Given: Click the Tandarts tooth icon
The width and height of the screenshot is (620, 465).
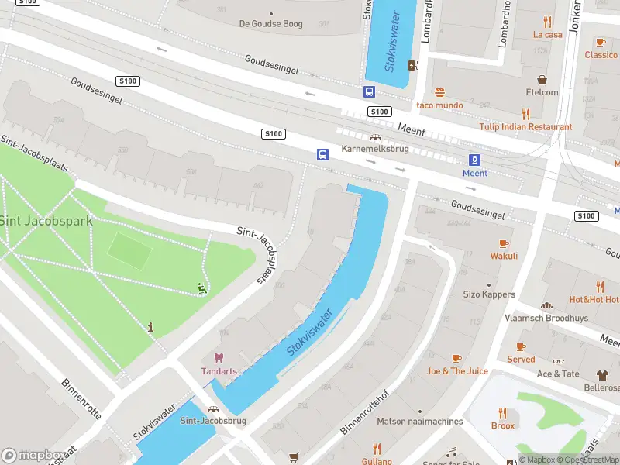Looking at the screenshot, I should (219, 358).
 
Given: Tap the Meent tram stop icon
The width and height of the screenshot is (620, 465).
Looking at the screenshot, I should (473, 160).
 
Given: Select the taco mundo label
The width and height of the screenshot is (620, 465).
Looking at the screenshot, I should (439, 105).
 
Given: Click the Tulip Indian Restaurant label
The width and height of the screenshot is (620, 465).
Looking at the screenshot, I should (525, 127).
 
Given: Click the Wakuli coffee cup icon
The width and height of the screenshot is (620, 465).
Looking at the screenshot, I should (504, 243).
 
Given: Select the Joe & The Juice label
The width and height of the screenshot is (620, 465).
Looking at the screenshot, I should (457, 371).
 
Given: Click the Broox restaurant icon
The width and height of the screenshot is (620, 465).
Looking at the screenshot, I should (503, 413).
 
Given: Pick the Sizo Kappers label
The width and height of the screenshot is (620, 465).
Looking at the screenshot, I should (489, 294).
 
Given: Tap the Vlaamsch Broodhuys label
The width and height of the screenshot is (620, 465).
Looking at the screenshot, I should (547, 318).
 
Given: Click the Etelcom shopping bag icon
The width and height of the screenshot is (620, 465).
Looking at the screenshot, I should (542, 80).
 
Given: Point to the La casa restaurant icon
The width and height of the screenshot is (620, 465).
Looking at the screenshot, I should (548, 22).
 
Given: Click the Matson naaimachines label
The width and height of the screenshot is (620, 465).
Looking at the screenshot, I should (420, 422).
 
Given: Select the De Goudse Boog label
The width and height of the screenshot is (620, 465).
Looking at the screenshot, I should (270, 24).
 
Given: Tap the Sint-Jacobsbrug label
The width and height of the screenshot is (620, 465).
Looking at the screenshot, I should (212, 421).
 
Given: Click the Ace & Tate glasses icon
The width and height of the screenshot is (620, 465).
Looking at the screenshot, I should (558, 361).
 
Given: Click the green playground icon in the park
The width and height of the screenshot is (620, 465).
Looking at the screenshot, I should (201, 288).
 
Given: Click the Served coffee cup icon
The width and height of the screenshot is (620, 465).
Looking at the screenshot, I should (521, 346).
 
